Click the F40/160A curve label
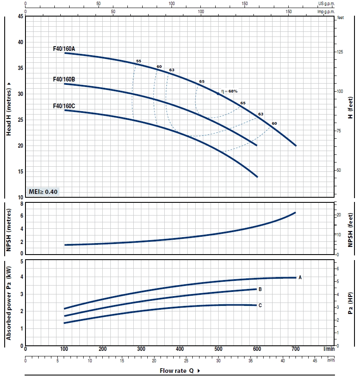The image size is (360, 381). [64, 49]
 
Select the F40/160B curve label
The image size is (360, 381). [64, 79]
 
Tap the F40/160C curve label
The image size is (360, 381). [64, 106]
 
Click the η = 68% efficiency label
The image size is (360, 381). [230, 91]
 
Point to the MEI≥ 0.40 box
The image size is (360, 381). [43, 192]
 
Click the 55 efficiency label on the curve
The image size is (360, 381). [138, 62]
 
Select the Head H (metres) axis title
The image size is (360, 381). [9, 106]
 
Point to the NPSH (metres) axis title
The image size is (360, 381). [9, 228]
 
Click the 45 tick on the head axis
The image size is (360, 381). [20, 17]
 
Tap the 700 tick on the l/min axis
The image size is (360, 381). [295, 349]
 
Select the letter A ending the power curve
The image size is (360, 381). [300, 277]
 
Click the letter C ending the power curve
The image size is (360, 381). [260, 305]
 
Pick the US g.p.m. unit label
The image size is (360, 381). [326, 3]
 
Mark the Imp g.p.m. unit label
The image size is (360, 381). [326, 11]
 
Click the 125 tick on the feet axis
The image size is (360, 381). [340, 52]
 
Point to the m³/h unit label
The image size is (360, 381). [331, 361]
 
